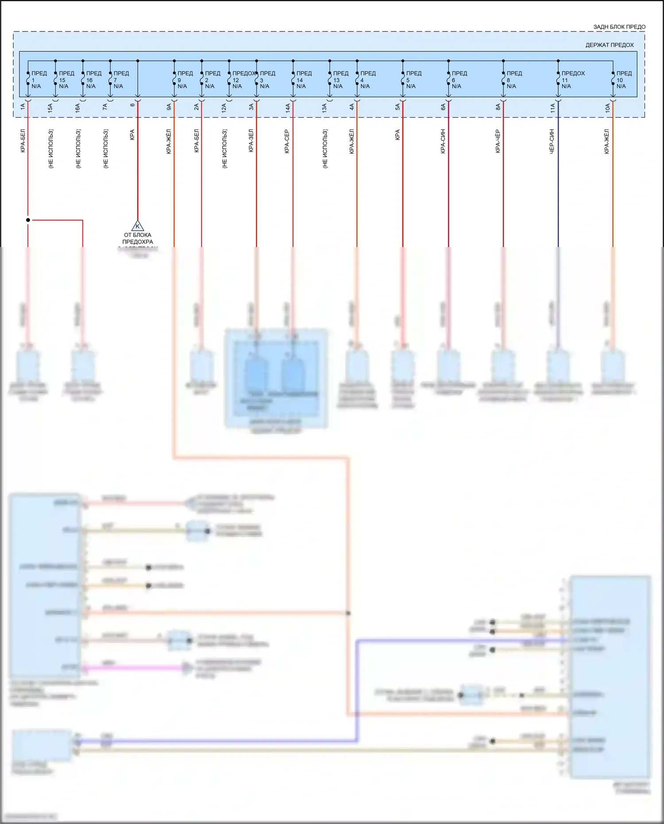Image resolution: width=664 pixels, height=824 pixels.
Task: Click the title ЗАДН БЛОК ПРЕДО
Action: tap(619, 27)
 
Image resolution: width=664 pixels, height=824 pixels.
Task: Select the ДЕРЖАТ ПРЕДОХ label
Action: tap(609, 45)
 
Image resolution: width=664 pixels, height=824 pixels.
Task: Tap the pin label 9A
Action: tap(169, 107)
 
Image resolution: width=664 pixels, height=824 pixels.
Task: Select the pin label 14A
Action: tap(287, 107)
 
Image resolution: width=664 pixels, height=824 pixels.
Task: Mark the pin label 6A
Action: tap(443, 107)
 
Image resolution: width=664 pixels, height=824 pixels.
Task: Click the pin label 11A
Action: tap(552, 107)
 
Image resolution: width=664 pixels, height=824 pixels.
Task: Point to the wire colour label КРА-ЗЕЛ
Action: tap(251, 141)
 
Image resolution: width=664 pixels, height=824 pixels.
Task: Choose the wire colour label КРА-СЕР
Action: tap(287, 141)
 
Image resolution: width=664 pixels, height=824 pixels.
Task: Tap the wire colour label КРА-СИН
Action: tap(443, 141)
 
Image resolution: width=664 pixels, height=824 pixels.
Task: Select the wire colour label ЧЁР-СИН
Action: tap(552, 141)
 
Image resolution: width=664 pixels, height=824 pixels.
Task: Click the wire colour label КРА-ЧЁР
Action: tap(498, 141)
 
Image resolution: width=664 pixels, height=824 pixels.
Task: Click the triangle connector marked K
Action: tap(138, 226)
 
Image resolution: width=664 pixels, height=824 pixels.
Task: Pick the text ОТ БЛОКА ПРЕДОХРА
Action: tap(138, 238)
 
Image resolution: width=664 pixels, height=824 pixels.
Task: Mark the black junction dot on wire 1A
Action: tap(28, 220)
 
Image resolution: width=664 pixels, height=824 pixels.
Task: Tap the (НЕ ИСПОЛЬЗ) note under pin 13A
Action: tap(325, 149)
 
